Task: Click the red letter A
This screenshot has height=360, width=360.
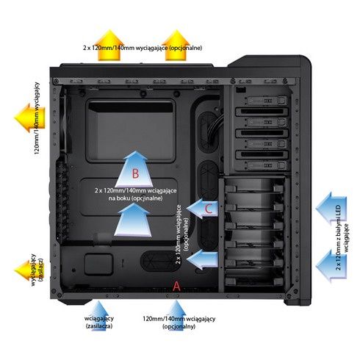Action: (x=176, y=286)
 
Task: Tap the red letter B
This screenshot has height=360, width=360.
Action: (x=135, y=173)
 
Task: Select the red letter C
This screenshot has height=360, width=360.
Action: (x=209, y=209)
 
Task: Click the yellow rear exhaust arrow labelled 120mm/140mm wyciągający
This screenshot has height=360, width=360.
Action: (x=29, y=118)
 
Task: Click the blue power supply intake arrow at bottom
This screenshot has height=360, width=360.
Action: (x=98, y=315)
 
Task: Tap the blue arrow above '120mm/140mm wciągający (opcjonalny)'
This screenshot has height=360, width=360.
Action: (x=176, y=315)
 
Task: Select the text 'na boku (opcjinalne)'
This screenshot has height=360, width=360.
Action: (x=135, y=198)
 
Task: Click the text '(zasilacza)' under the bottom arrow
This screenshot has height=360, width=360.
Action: (x=99, y=326)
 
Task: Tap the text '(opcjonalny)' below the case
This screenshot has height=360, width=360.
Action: (x=179, y=326)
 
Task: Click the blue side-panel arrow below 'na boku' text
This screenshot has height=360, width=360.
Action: (x=133, y=220)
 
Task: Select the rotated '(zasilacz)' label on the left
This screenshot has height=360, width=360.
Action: (x=41, y=270)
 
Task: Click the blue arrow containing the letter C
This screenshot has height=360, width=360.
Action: (x=202, y=209)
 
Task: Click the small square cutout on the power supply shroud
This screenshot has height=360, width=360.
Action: (x=98, y=264)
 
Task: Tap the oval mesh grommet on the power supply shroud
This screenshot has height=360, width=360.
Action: (x=160, y=261)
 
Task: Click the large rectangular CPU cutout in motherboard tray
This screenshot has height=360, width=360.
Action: (x=131, y=131)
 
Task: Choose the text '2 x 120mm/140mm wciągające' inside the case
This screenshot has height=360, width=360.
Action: (x=135, y=190)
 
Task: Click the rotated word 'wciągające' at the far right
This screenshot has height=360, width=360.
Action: (x=346, y=237)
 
